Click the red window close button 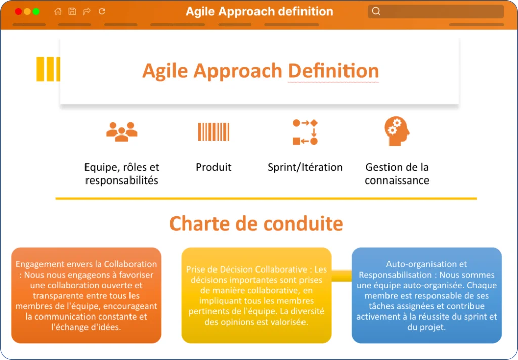19,12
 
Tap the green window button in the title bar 36,12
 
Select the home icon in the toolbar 58,11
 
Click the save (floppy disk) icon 72,11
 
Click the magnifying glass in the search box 376,11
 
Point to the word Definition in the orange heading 333,71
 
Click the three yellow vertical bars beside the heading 48,69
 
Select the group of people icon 121,132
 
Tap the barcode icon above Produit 213,132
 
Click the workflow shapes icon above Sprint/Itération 305,132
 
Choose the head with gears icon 397,131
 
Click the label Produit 213,167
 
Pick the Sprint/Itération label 305,167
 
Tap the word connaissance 397,181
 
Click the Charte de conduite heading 256,223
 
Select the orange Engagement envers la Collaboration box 86,295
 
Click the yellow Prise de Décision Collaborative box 256,295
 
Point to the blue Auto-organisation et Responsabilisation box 426,295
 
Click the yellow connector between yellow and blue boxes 341,276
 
